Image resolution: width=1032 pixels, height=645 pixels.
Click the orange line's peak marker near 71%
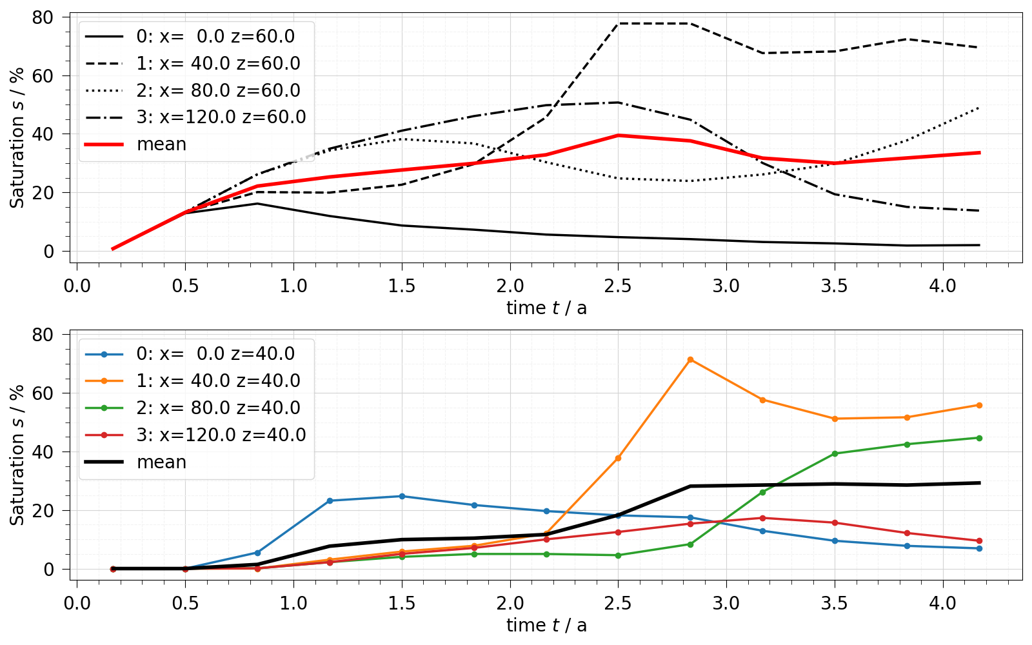point(690,359)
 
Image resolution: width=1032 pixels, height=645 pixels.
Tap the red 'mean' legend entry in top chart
point(161,144)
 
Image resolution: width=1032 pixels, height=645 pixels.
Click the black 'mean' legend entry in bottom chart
point(161,462)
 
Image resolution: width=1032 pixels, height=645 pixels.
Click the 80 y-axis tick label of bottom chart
point(43,335)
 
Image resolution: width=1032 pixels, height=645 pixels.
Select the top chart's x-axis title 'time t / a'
point(546,308)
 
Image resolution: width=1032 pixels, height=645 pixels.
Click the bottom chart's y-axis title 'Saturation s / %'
point(17,455)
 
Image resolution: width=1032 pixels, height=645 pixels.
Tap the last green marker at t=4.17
point(978,438)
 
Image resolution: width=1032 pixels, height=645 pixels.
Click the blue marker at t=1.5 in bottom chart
point(402,496)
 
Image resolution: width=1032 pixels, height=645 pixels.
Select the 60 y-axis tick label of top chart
point(43,76)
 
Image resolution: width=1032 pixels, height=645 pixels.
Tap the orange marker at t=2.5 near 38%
point(618,458)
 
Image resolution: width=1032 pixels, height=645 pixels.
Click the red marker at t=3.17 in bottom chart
point(762,518)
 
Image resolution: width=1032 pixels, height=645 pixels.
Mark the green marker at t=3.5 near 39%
point(835,453)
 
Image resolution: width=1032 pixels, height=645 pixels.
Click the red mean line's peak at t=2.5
point(618,135)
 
